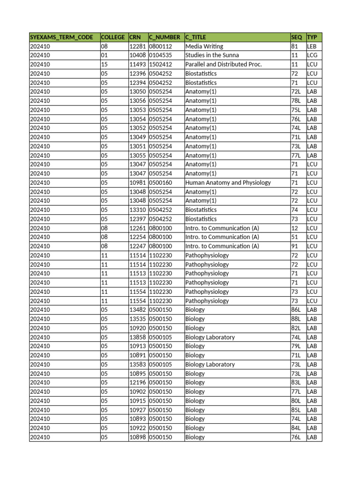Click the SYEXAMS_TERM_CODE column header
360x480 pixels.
pos(61,37)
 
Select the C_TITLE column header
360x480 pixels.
pos(195,37)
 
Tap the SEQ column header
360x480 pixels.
pos(297,37)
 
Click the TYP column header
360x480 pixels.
pos(312,37)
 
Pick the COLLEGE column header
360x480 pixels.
pos(113,37)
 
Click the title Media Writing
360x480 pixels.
pos(204,46)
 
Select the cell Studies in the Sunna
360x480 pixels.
pos(212,55)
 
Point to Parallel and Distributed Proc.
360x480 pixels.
pos(223,64)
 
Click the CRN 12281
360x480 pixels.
pos(137,46)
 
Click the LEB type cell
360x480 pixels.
pos(312,46)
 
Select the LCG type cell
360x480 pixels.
pos(312,55)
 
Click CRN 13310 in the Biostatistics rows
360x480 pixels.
pos(137,210)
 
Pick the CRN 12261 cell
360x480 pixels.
pos(137,228)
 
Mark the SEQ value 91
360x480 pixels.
pos(295,246)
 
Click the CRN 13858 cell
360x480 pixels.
pos(137,337)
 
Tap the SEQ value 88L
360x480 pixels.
pos(296,319)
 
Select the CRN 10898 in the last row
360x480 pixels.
pos(137,437)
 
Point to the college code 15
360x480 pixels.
pos(104,64)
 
